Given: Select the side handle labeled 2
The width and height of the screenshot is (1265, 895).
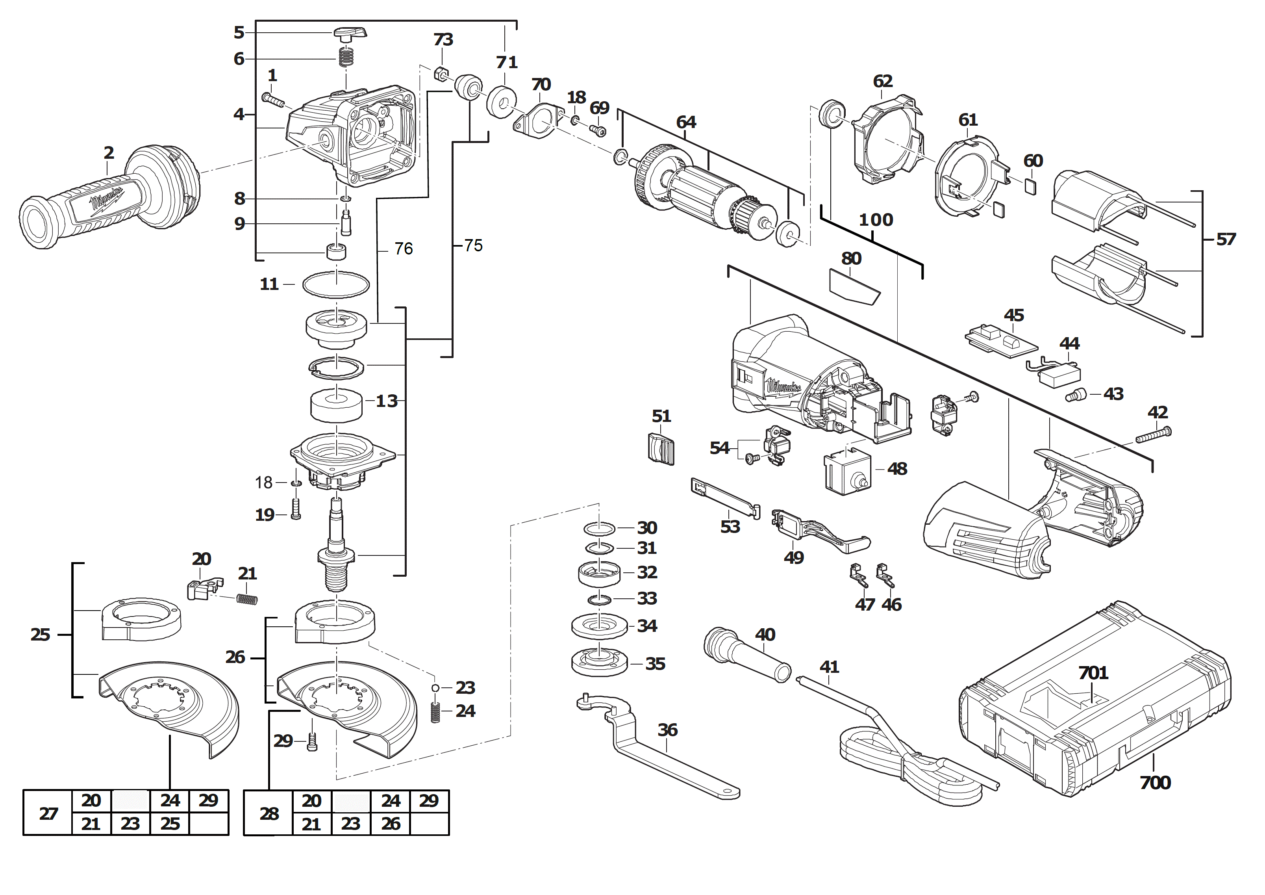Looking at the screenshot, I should tap(105, 199).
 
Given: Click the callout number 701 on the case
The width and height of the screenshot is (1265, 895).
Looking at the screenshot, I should tap(1093, 673).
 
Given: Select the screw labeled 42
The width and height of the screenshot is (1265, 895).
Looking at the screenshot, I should tap(1153, 435).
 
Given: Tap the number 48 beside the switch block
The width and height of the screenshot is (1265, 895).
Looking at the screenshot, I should tap(897, 469).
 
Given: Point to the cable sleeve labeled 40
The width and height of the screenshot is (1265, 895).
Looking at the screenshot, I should tap(746, 656).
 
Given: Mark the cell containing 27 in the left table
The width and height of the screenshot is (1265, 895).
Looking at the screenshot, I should tap(48, 813).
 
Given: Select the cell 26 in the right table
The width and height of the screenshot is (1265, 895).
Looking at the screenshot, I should tap(390, 824).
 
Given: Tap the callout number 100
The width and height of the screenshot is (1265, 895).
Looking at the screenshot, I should tap(876, 220).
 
